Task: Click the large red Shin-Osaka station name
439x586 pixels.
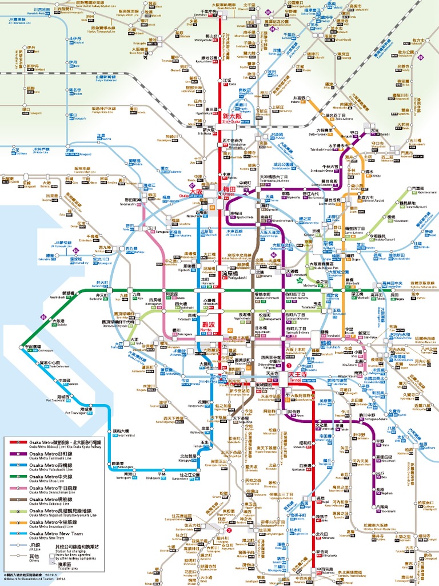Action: click(233, 117)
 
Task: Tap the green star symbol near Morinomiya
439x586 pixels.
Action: click(298, 280)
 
